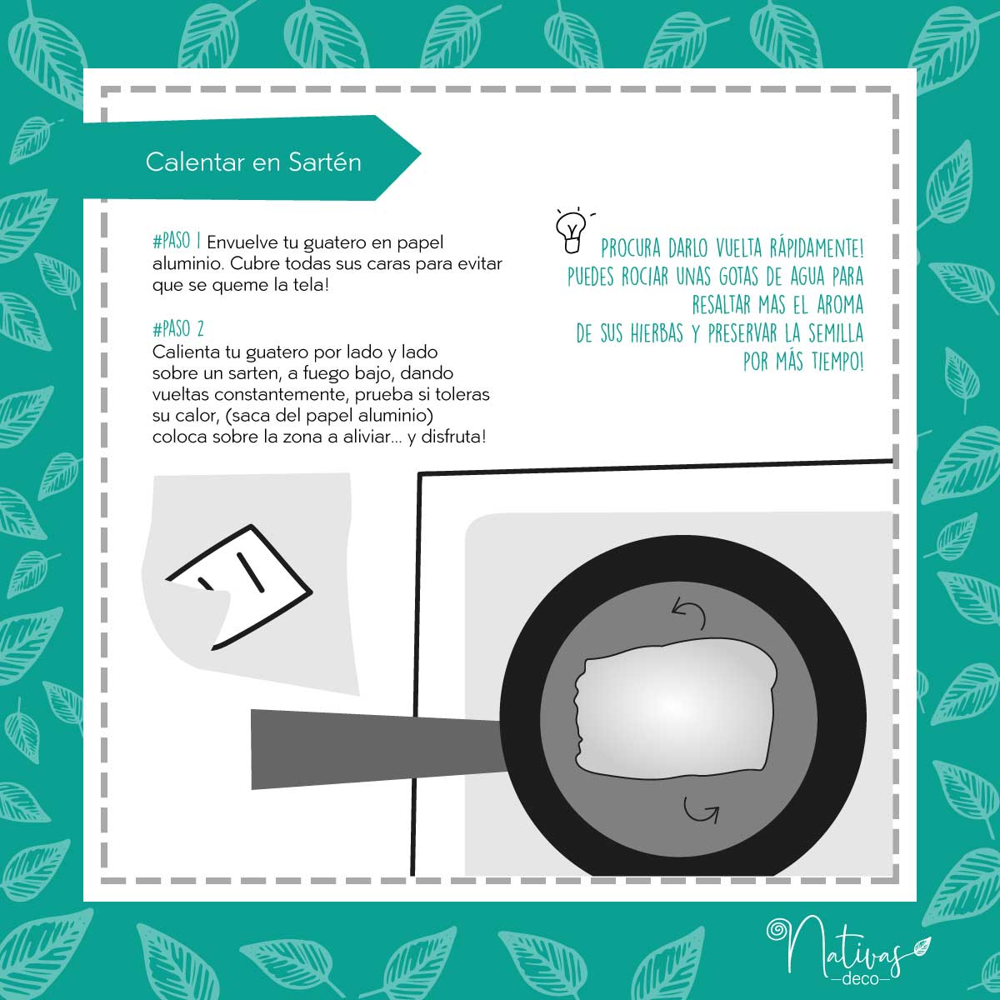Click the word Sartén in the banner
[325, 162]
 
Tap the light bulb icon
[572, 232]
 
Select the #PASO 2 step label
[178, 328]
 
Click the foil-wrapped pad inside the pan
[676, 708]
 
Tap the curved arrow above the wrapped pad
[689, 612]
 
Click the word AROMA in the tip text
[840, 305]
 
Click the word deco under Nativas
[860, 978]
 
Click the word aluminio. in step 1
[188, 263]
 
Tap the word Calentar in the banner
[195, 162]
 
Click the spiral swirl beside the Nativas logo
[778, 931]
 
